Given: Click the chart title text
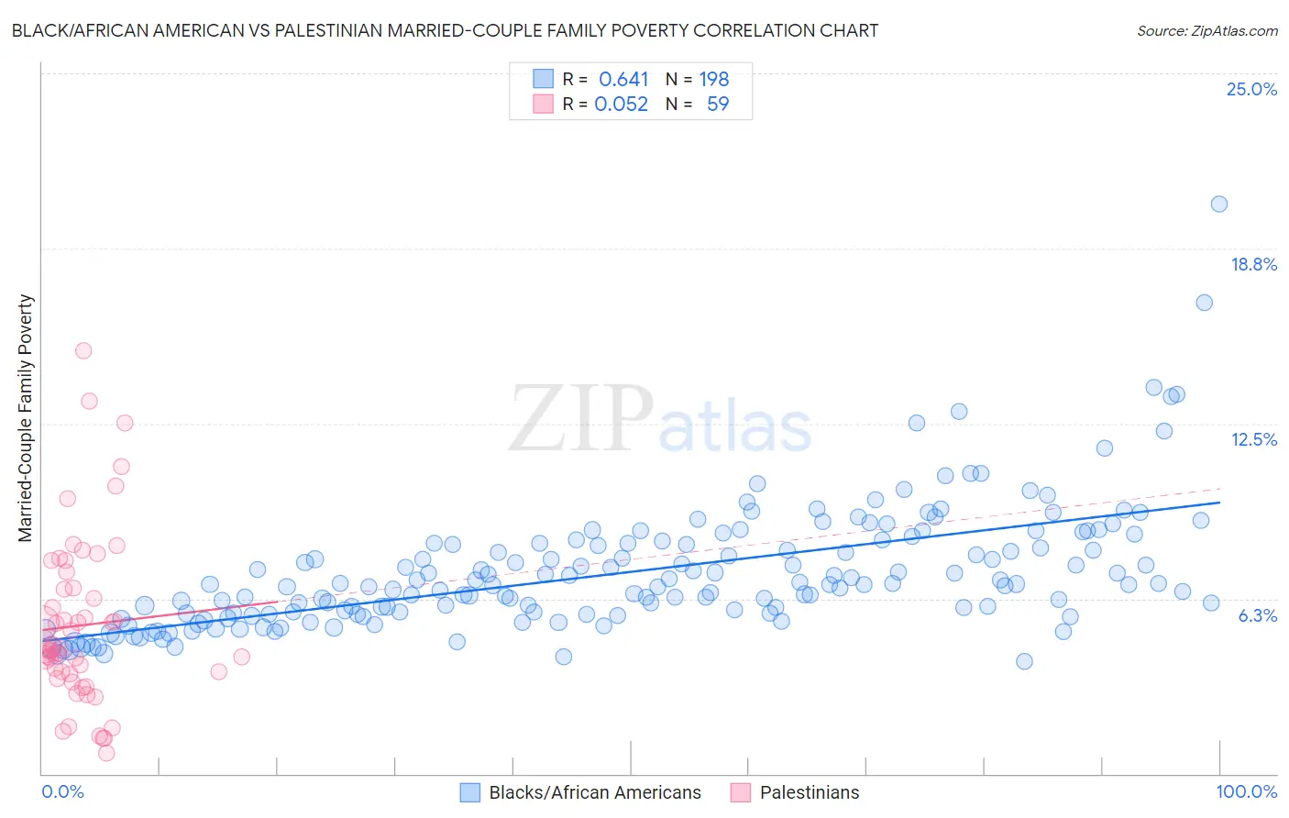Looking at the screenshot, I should point(445,30).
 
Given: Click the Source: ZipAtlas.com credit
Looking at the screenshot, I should point(1206,30).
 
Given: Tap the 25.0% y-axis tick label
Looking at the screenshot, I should point(1251,89).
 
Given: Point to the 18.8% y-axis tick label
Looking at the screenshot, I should point(1253,264).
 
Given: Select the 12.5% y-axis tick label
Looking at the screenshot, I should point(1253,439).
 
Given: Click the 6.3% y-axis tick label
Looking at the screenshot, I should point(1257,615).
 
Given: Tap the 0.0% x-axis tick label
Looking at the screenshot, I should point(62,791).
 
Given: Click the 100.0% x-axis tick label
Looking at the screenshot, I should point(1246,791).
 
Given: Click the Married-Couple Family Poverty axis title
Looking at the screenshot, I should point(26,418).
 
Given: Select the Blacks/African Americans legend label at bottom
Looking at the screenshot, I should point(594,792).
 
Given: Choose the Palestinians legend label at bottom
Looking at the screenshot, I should point(810,792).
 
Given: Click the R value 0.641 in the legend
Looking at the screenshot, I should point(623,79).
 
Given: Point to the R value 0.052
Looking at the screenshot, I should point(621,104).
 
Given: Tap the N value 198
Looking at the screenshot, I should point(714,79).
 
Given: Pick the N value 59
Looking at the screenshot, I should point(718,104).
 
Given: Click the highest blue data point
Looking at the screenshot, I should point(1218,204).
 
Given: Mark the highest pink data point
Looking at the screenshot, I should point(83,350).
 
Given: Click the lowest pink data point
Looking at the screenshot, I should point(106,753).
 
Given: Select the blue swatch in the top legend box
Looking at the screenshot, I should point(544,79).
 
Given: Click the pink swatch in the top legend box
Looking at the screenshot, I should point(544,104).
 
